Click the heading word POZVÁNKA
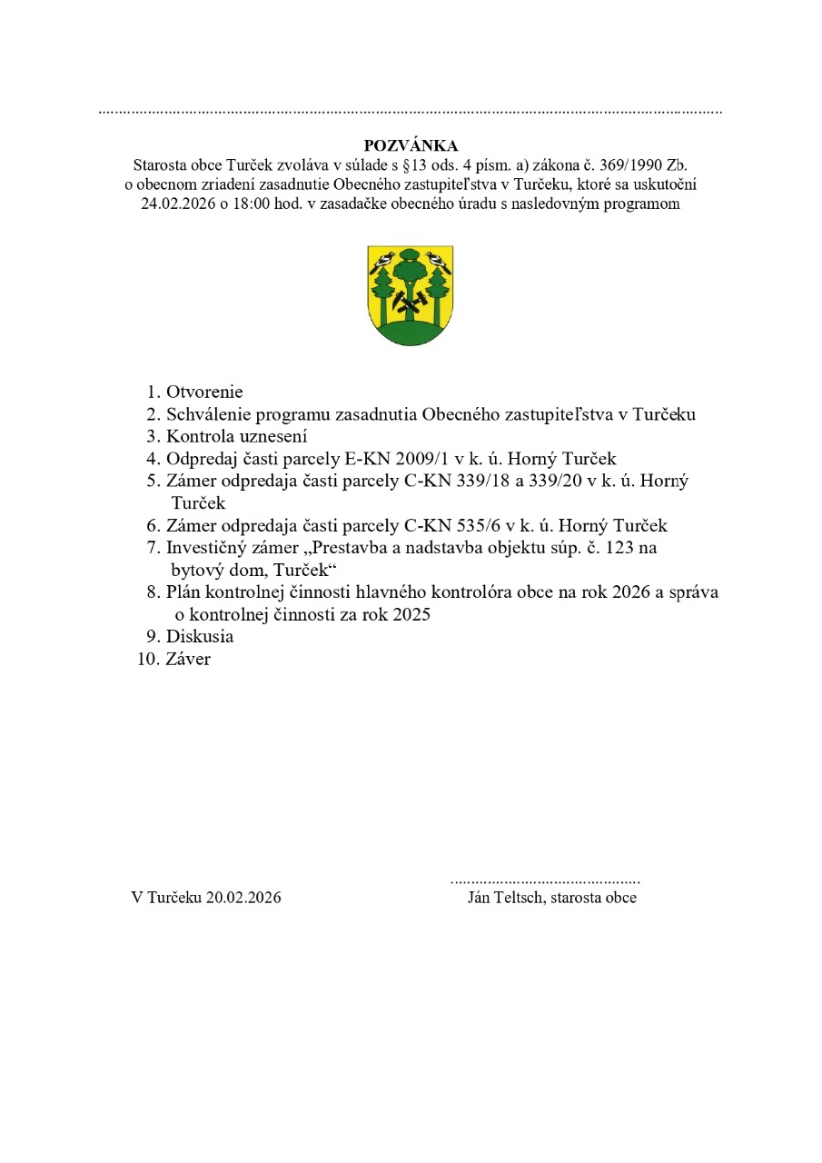coord(411,145)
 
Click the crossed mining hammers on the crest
coord(411,303)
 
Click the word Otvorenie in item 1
coord(204,393)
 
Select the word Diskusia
coord(200,637)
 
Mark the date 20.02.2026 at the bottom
coord(243,898)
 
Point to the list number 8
coord(153,592)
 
